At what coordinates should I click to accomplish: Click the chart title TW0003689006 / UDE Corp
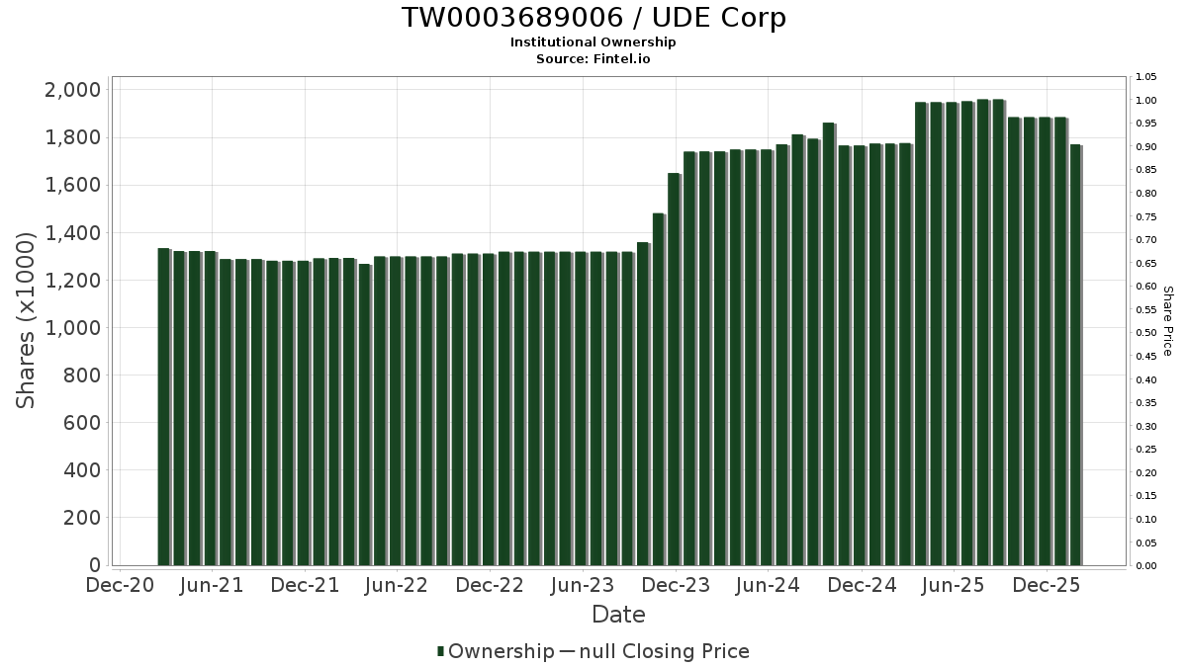pyautogui.click(x=593, y=18)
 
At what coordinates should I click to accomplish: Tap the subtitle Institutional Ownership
pyautogui.click(x=593, y=42)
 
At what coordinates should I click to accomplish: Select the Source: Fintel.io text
pyautogui.click(x=593, y=58)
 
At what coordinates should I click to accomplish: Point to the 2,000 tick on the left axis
pyautogui.click(x=74, y=90)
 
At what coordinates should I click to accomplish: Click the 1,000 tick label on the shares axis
pyautogui.click(x=74, y=328)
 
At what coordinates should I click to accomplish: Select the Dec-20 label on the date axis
pyautogui.click(x=119, y=586)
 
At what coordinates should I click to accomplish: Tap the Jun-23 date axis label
pyautogui.click(x=583, y=586)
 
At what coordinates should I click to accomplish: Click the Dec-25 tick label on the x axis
pyautogui.click(x=1047, y=586)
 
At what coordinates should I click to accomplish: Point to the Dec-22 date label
pyautogui.click(x=490, y=586)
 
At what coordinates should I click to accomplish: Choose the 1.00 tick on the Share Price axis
pyautogui.click(x=1145, y=101)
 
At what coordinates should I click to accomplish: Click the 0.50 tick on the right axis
pyautogui.click(x=1145, y=333)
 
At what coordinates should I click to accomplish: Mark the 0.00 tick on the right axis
pyautogui.click(x=1145, y=566)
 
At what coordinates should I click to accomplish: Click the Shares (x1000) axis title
pyautogui.click(x=26, y=321)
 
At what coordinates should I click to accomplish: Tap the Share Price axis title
pyautogui.click(x=1167, y=321)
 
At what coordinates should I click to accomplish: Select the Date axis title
pyautogui.click(x=618, y=615)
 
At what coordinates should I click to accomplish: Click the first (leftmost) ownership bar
pyautogui.click(x=163, y=405)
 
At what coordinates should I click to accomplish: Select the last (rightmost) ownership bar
pyautogui.click(x=1075, y=356)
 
